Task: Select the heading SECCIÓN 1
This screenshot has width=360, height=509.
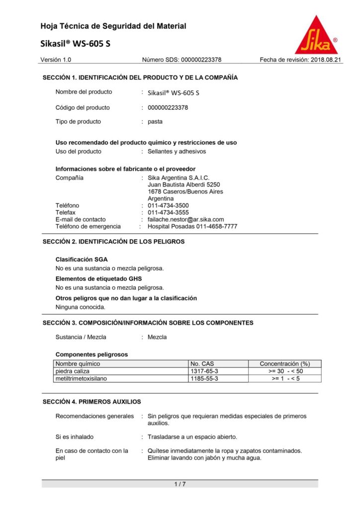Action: coord(140,78)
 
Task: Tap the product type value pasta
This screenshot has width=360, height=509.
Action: coord(155,121)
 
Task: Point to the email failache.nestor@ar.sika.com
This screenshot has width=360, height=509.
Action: coord(185,219)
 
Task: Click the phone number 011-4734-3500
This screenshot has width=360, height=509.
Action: coord(168,205)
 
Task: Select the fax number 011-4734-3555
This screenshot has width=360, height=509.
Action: coord(168,212)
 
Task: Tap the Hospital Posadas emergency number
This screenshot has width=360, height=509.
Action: coord(192,226)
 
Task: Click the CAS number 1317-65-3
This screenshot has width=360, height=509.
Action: coord(204,371)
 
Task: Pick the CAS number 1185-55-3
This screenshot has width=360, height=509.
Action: coord(204,378)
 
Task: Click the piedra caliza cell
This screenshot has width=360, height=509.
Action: coord(72,371)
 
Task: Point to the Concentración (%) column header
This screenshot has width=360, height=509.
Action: coord(284,364)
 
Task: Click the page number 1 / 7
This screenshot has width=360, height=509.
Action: coord(180,484)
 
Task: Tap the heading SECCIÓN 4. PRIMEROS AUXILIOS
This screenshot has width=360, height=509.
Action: coord(91,402)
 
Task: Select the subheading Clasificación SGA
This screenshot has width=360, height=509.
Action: coord(81,259)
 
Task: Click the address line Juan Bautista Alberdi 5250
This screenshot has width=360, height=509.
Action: coord(183,184)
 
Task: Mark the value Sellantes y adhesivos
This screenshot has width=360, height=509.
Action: coord(177,151)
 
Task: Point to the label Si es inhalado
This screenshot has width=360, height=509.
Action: coord(74,437)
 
